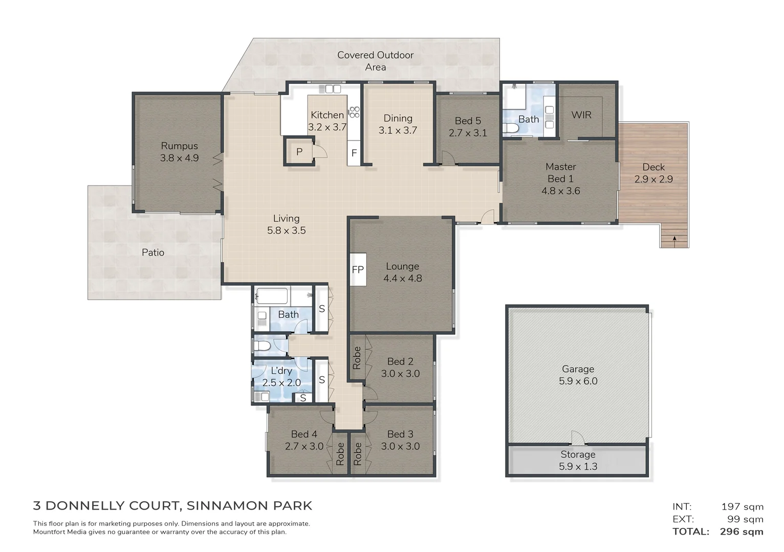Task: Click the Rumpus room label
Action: (179, 146)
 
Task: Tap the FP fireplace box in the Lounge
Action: (358, 269)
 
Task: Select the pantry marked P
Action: (299, 152)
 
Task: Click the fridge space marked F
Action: (354, 153)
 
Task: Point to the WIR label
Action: (581, 115)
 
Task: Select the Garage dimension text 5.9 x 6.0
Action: (578, 381)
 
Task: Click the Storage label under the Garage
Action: (578, 454)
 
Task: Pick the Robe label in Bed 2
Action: (357, 358)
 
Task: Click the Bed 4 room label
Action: (304, 434)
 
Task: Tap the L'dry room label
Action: (281, 371)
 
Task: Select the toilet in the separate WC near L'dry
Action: (262, 347)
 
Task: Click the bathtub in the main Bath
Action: (272, 295)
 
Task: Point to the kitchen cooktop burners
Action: (354, 112)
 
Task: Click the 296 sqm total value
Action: (742, 532)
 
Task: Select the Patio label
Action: (153, 252)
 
